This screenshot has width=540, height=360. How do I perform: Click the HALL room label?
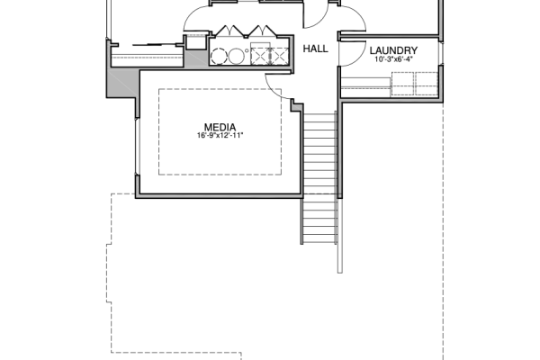click(316, 49)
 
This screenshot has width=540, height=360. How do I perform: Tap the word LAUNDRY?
click(393, 50)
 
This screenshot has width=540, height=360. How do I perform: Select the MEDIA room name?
click(220, 128)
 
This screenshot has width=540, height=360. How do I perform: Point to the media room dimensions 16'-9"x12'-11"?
click(220, 135)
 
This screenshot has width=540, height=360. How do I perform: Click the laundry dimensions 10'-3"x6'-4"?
click(393, 59)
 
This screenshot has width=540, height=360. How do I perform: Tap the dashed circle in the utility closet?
click(219, 56)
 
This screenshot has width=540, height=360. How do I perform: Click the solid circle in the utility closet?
click(236, 56)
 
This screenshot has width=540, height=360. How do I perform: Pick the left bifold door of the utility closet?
click(229, 31)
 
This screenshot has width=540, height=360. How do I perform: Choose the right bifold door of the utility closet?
click(262, 31)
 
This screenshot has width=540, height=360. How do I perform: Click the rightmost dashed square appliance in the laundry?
click(427, 84)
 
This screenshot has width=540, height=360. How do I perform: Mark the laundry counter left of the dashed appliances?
click(365, 87)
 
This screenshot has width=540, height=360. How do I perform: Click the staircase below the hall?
click(319, 177)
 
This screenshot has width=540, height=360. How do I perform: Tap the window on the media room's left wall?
click(137, 147)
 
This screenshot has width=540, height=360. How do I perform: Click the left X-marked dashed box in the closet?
click(260, 56)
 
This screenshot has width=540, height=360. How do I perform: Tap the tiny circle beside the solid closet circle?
click(247, 50)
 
